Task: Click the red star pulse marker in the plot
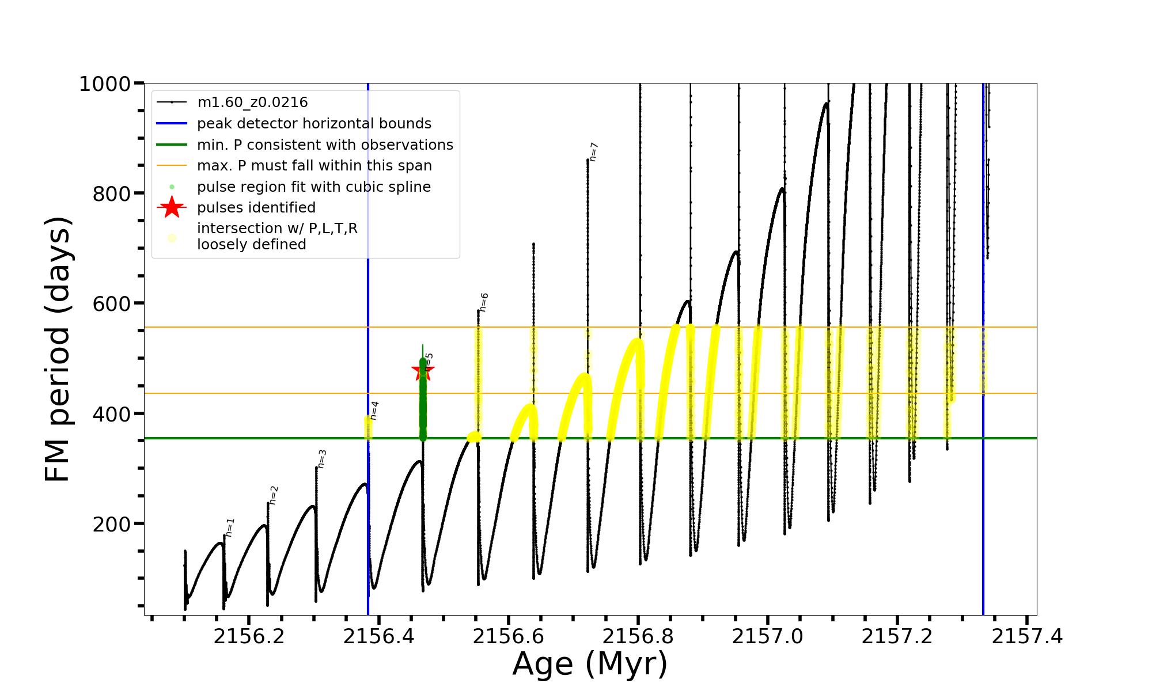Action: pyautogui.click(x=423, y=370)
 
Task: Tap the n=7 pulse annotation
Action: pyautogui.click(x=594, y=151)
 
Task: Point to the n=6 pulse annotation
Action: pyautogui.click(x=484, y=302)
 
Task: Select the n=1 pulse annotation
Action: pyautogui.click(x=230, y=527)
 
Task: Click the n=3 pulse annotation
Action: pyautogui.click(x=322, y=459)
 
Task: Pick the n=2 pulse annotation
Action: pyautogui.click(x=274, y=495)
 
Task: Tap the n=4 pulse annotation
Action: pyautogui.click(x=374, y=411)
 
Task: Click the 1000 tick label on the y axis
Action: pyautogui.click(x=104, y=84)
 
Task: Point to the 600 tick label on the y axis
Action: pyautogui.click(x=111, y=303)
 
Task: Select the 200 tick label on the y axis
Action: pyautogui.click(x=111, y=524)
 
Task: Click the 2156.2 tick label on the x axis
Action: pyautogui.click(x=249, y=637)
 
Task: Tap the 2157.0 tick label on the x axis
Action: pyautogui.click(x=768, y=637)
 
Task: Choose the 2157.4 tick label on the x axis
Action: pyautogui.click(x=1027, y=637)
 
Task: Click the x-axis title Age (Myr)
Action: pyautogui.click(x=590, y=664)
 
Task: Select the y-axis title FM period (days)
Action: pyautogui.click(x=58, y=350)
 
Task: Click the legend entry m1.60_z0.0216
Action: pyautogui.click(x=252, y=102)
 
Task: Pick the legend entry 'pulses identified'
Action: pyautogui.click(x=256, y=207)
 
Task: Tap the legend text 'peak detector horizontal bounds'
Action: pyautogui.click(x=314, y=124)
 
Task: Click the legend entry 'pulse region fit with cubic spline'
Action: pyautogui.click(x=314, y=187)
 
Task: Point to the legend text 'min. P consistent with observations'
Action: pyautogui.click(x=325, y=145)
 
